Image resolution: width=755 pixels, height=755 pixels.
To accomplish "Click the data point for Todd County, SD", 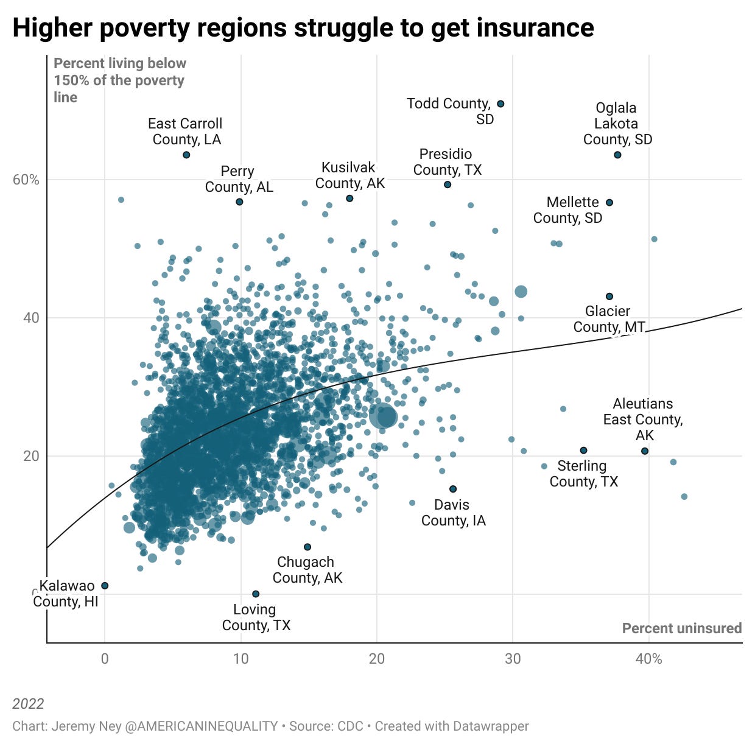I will [500, 104].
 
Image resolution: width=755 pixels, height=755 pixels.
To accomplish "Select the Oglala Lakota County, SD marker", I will [617, 155].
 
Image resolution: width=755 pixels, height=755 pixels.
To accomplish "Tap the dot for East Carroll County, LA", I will [186, 155].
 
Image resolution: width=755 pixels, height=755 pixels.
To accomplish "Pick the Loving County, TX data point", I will [256, 594].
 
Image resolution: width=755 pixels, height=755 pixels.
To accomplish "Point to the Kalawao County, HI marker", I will [105, 586].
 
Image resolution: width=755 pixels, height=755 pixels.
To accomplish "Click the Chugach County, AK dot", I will [307, 547].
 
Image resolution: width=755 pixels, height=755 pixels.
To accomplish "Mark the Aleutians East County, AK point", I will [645, 451].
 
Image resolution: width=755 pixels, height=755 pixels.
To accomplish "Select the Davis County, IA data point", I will [453, 489].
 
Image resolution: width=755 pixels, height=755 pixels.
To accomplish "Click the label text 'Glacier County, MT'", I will [608, 319].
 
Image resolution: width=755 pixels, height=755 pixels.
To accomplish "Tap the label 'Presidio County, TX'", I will [447, 162].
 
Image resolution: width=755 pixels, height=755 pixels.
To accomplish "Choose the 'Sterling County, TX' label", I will [583, 474].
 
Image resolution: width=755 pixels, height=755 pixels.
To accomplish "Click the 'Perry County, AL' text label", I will [239, 179].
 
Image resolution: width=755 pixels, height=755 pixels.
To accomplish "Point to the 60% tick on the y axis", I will [26, 180].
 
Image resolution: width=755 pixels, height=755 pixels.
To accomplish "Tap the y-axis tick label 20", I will [31, 456].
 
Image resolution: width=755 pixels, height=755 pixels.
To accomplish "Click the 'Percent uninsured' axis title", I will [681, 628].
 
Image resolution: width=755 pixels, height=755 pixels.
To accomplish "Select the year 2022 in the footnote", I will [28, 704].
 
